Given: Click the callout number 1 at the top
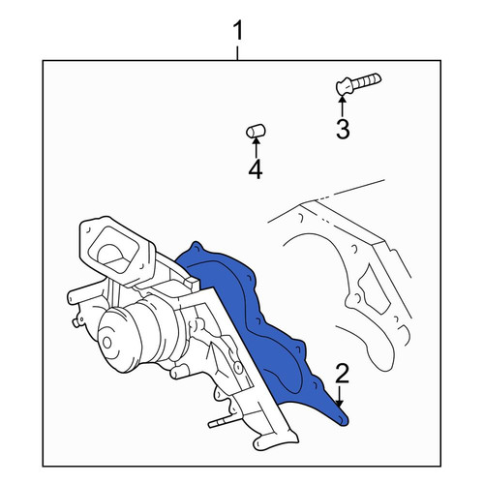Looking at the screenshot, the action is pos(238,31).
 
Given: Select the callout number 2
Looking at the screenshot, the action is pos(343,374).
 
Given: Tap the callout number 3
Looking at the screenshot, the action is pos(343,129).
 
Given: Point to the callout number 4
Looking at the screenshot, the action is pos(256,169).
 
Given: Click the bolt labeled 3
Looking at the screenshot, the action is pos(358,83).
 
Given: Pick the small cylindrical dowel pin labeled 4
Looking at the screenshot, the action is pos(256,131).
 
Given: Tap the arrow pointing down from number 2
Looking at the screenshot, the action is pos(339,396).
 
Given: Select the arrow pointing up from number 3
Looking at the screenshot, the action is pos(343,106).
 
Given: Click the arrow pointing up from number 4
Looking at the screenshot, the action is pos(256,147).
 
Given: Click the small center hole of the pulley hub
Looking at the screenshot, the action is pos(106,343).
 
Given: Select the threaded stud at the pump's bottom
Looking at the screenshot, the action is pos(221,422).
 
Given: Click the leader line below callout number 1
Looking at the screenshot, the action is pos(238,53).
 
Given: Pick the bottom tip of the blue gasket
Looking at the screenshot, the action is pos(343,421).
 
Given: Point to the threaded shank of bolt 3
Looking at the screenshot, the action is pos(367,80).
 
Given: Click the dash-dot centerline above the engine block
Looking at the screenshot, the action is pos(350,191).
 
